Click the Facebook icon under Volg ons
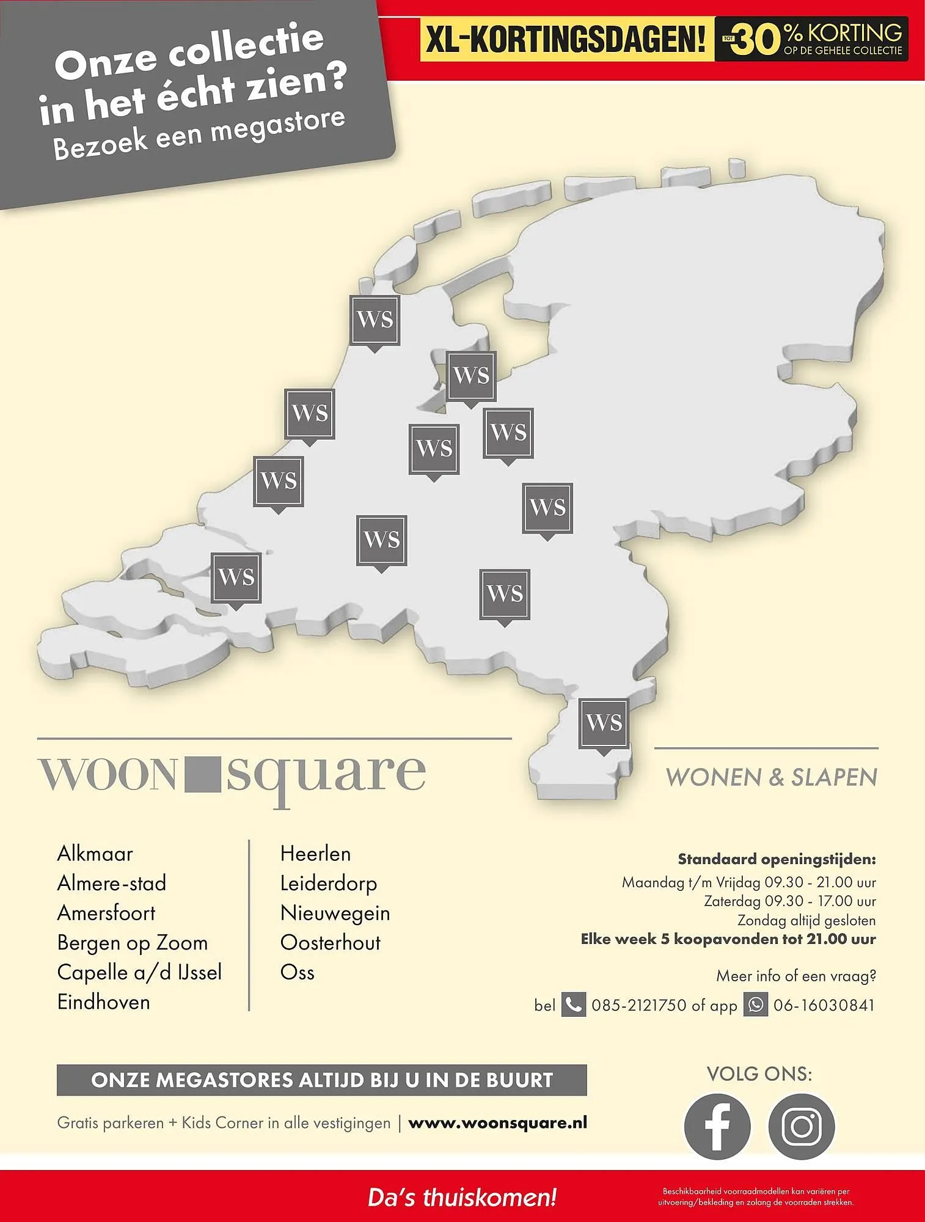[x=717, y=1126]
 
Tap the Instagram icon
[x=801, y=1126]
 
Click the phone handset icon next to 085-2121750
[x=573, y=1004]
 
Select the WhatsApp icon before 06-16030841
[x=755, y=1004]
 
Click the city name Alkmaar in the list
[x=95, y=854]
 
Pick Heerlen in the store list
[x=315, y=854]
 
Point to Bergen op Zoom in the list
[x=133, y=943]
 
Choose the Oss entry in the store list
[x=297, y=972]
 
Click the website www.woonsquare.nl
[x=497, y=1122]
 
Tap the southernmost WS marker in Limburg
[x=604, y=723]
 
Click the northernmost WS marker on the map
[x=375, y=320]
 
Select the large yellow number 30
[x=756, y=40]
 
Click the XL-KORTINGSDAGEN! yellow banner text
[x=566, y=40]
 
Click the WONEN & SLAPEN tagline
[x=771, y=778]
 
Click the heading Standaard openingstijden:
[x=777, y=859]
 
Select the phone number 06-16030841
[x=824, y=1005]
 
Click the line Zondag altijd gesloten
[x=806, y=920]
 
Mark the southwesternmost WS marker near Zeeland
[x=236, y=577]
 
